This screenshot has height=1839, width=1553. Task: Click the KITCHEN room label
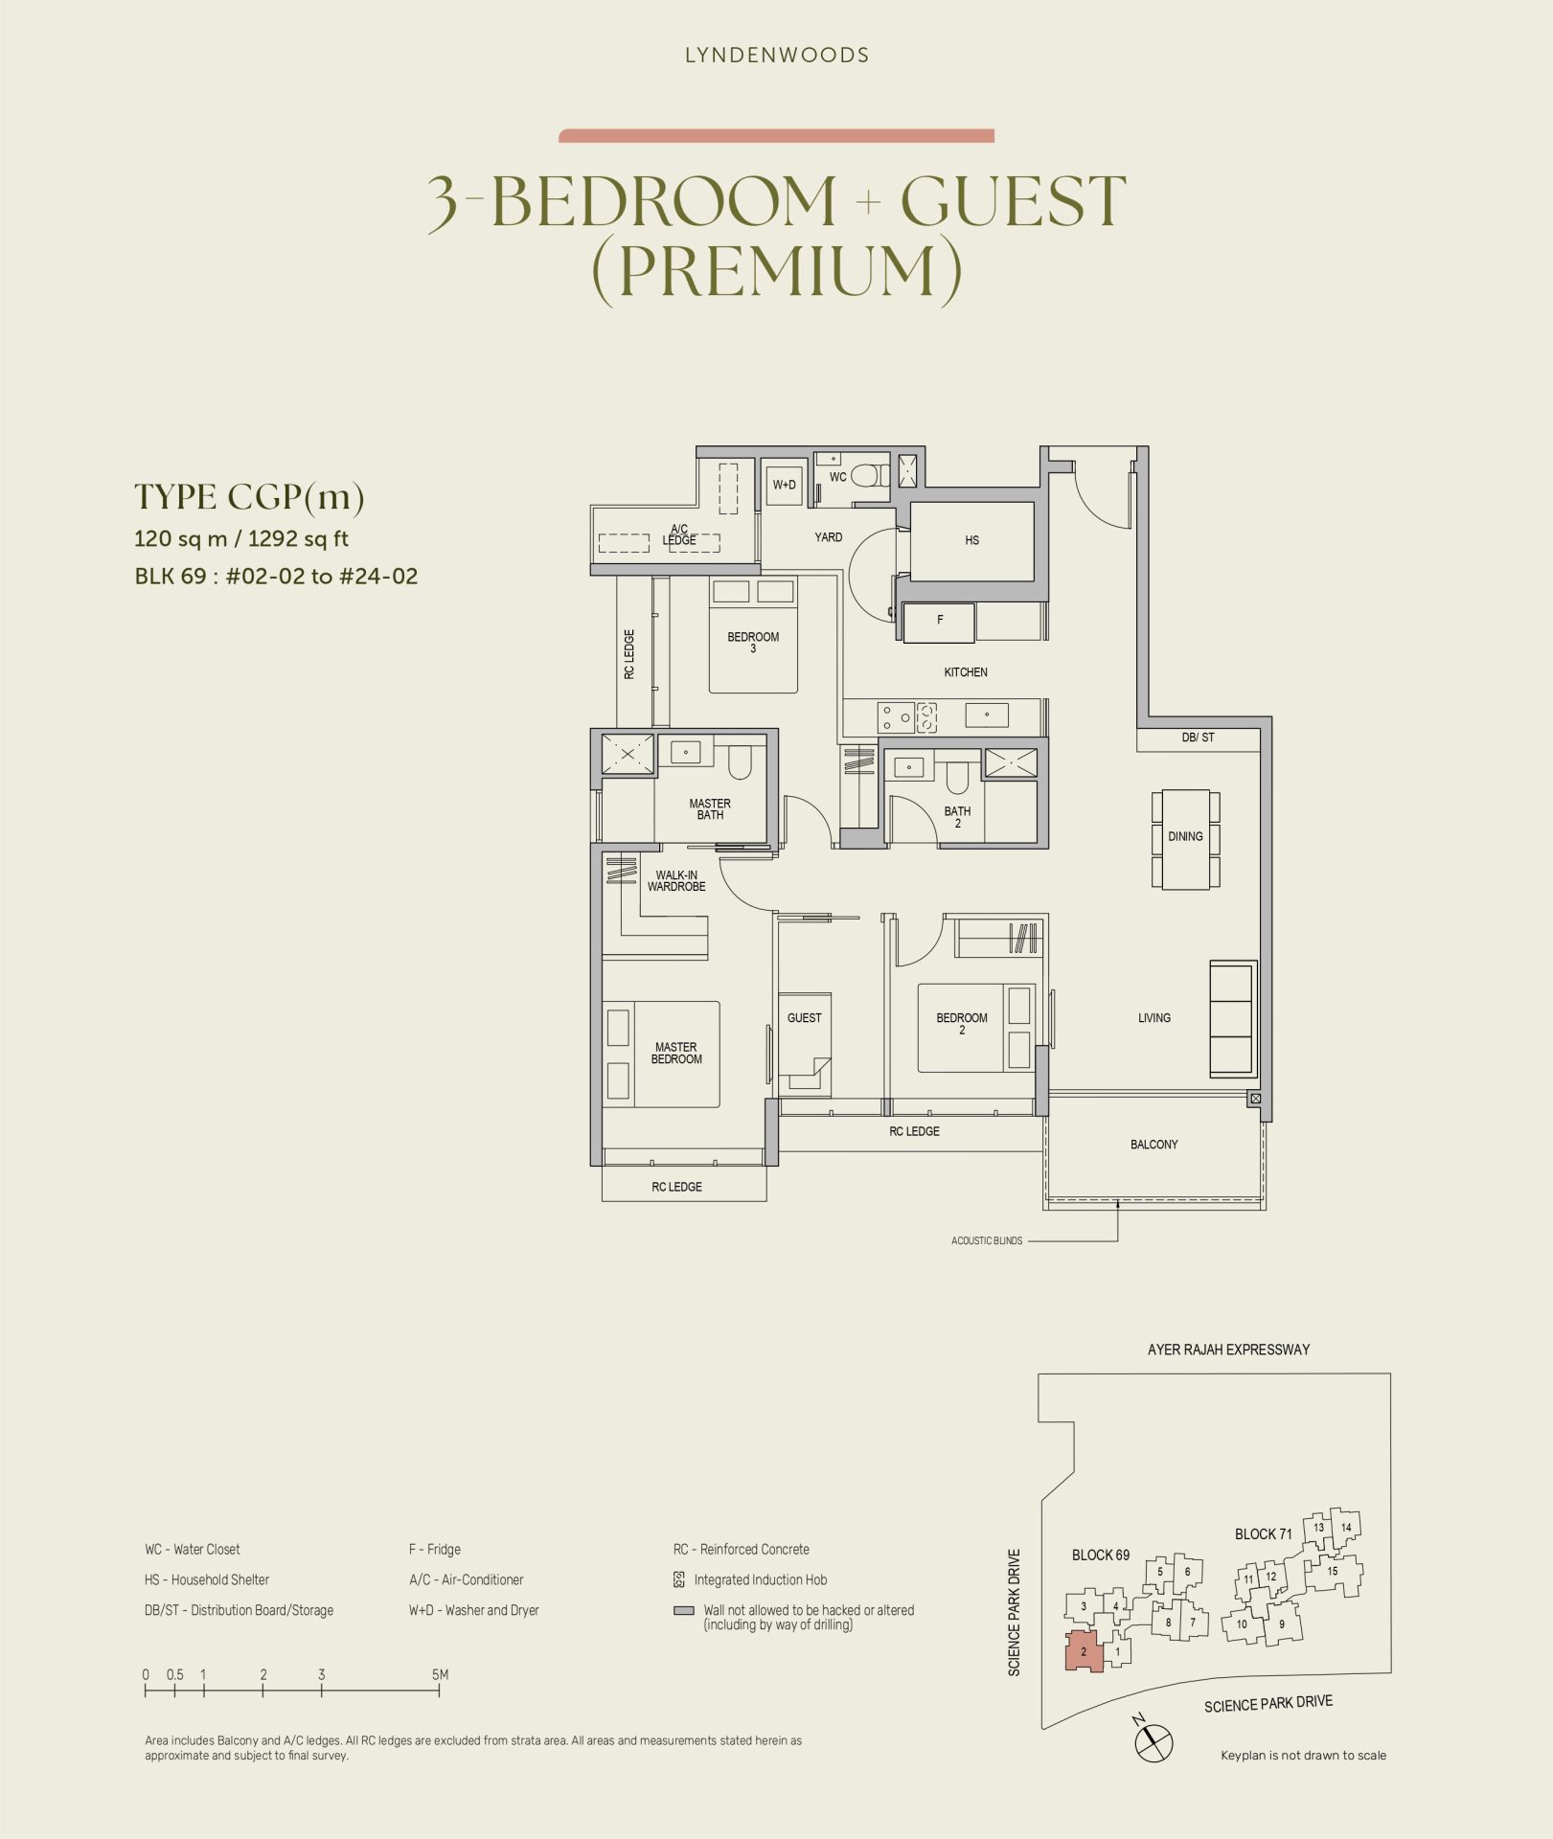965,672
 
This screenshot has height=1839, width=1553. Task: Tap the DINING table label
1185,836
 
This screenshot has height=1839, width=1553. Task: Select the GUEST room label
804,1018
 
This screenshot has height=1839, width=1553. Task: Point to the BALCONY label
1153,1145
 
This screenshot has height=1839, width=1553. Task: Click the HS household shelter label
971,540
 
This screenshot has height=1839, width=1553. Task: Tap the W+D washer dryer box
785,485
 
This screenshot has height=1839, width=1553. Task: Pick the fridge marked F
940,622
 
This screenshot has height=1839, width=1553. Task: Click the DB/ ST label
1198,738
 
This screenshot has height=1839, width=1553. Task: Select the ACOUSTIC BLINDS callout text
987,1241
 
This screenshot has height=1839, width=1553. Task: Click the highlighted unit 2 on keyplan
1085,1651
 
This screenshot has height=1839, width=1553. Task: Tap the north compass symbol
1153,1741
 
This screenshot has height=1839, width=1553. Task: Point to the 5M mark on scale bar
440,1675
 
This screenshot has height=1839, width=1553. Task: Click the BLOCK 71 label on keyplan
1263,1534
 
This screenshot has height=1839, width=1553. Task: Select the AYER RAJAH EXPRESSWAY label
1228,1350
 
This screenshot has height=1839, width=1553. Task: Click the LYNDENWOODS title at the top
777,56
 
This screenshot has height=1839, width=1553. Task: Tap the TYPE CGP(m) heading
249,497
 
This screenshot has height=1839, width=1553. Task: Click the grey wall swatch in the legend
683,1611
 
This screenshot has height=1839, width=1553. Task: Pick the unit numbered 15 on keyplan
1332,1572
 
